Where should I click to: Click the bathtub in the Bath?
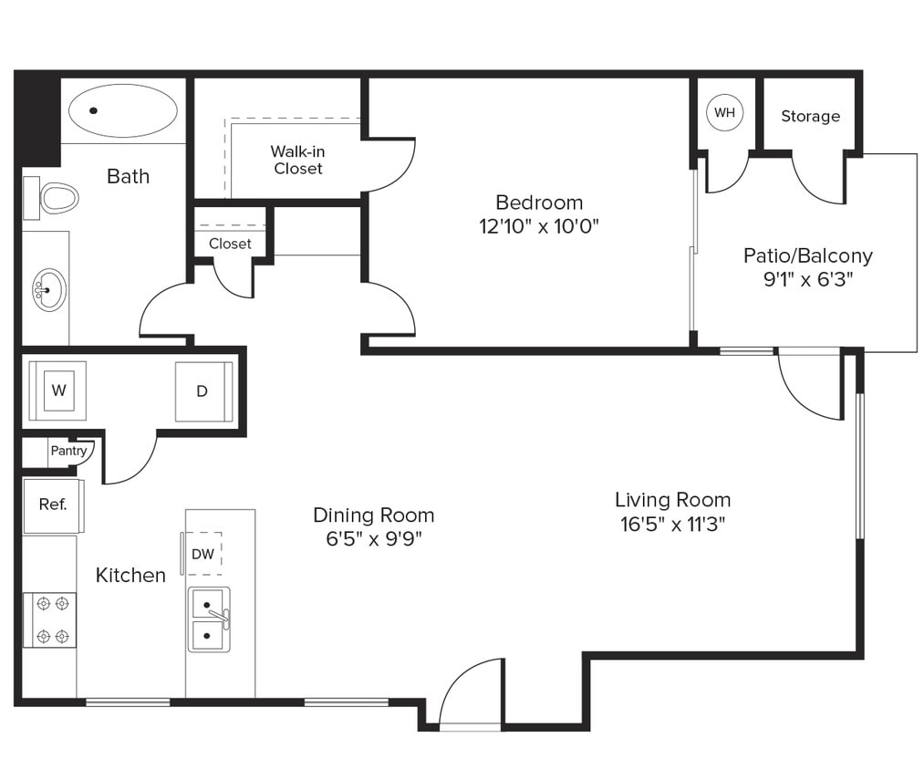[123, 110]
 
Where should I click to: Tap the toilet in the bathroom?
[57, 198]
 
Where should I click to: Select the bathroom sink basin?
[48, 290]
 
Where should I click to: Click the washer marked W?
[58, 390]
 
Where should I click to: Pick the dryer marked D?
[202, 391]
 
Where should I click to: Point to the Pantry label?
[68, 451]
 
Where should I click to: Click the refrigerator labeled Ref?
[53, 505]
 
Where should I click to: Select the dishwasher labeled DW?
[202, 553]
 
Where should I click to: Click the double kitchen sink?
[209, 619]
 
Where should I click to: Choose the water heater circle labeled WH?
[724, 113]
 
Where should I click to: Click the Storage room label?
[810, 117]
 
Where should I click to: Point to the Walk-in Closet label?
[298, 161]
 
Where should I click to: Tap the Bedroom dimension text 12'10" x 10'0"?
[539, 225]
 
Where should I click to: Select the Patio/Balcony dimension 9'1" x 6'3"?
[807, 279]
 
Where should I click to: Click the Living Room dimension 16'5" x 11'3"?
[672, 524]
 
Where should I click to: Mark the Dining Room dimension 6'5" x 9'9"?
[373, 538]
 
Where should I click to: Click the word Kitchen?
[130, 575]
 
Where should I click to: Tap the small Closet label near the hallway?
[230, 244]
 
